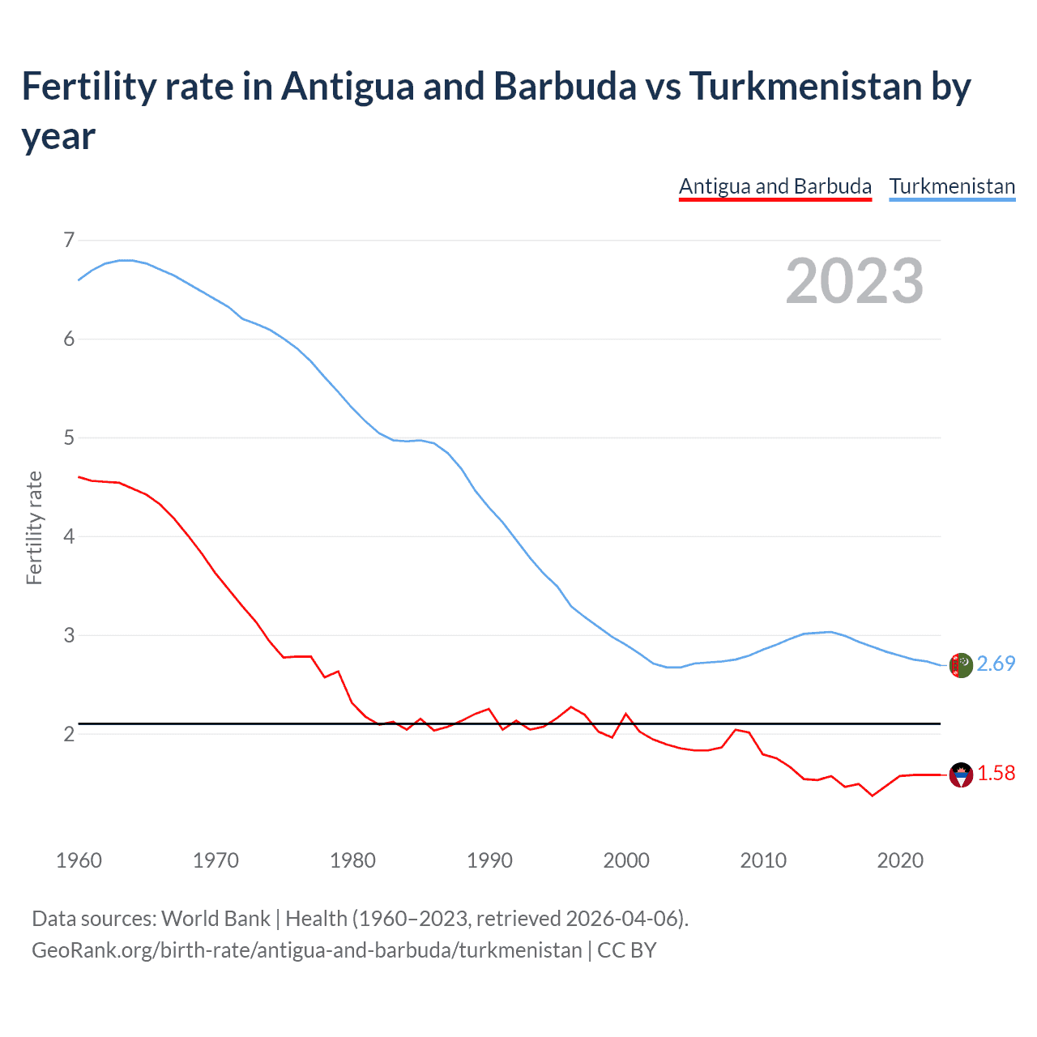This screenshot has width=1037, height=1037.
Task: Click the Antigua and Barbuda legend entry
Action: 775,186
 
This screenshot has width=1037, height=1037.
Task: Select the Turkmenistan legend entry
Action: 952,186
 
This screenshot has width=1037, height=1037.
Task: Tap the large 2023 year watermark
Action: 854,281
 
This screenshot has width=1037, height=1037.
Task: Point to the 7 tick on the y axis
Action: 69,240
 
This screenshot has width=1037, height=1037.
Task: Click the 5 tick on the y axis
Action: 69,437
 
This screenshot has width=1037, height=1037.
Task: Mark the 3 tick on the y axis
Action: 69,635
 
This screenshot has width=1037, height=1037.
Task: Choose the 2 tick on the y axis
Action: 69,734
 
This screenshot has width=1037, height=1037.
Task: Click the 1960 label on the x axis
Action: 79,860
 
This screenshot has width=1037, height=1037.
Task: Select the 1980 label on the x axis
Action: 352,860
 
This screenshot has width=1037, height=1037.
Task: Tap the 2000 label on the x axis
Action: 626,860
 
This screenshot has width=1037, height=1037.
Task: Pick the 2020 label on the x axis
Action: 900,860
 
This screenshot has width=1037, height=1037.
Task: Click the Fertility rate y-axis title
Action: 34,527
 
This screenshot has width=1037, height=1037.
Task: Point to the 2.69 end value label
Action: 996,664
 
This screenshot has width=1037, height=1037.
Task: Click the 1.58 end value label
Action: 996,774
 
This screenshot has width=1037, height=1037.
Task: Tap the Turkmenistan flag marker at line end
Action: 961,665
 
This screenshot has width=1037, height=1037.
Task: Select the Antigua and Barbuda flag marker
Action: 961,775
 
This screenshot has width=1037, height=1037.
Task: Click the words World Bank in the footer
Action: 216,919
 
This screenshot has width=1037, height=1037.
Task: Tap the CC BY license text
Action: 626,950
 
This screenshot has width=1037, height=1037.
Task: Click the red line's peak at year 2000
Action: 626,714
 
